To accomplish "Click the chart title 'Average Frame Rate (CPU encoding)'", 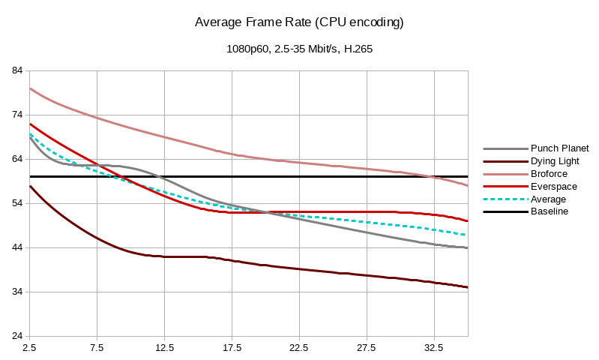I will [299, 22].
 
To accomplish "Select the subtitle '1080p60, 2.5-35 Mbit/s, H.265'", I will [300, 49].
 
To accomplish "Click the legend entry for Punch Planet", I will [559, 148].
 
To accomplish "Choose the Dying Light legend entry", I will [555, 160].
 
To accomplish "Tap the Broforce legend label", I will [550, 173].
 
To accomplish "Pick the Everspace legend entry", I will [554, 186].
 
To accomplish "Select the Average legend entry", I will [548, 199].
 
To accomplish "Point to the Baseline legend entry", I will [550, 211].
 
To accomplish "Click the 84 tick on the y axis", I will [17, 71].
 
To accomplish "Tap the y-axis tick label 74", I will [17, 115].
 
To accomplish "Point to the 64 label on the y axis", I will [17, 160].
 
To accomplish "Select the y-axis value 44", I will [17, 247].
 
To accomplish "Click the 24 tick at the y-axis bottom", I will [17, 336].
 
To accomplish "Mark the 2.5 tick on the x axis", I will [30, 348].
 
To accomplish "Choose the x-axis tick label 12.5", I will [164, 348].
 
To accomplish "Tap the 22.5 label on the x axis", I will [299, 348].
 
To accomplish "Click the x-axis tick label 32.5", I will [434, 348].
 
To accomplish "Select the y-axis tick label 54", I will [17, 204].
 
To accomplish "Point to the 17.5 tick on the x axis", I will [232, 348].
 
